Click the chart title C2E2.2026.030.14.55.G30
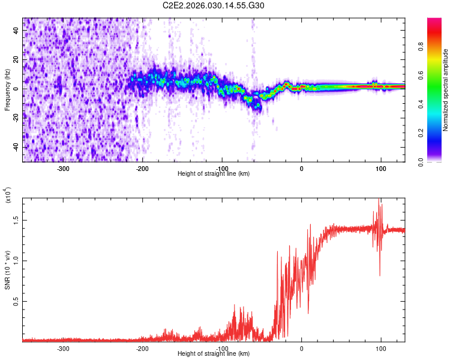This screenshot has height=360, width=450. click(214, 5)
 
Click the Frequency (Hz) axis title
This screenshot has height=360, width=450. click(7, 90)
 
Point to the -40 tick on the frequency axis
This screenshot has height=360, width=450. click(16, 147)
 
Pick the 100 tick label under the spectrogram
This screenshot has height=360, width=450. click(380, 168)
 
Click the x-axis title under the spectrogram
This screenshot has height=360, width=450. click(214, 174)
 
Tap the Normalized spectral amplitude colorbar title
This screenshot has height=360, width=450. click(446, 90)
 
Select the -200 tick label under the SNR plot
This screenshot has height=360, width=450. click(143, 348)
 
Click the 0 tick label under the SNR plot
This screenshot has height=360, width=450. click(302, 348)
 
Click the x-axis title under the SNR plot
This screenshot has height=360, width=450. click(214, 354)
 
